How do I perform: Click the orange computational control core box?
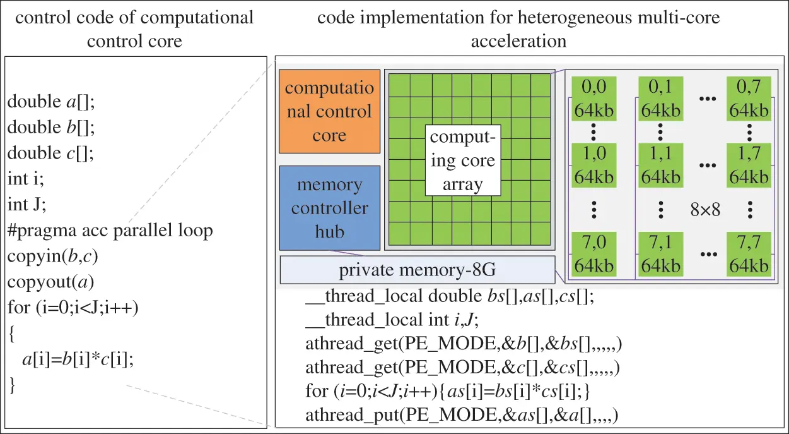(x=329, y=111)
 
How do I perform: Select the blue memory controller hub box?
(x=329, y=208)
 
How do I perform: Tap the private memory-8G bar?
(x=417, y=270)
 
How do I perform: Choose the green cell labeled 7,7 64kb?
(x=749, y=253)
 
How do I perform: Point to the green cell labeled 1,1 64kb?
(x=660, y=165)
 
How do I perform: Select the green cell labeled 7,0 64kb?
(x=592, y=253)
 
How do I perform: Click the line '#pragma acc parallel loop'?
(x=110, y=231)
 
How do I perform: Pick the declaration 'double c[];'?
(x=50, y=154)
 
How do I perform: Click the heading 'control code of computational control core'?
(x=134, y=28)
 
